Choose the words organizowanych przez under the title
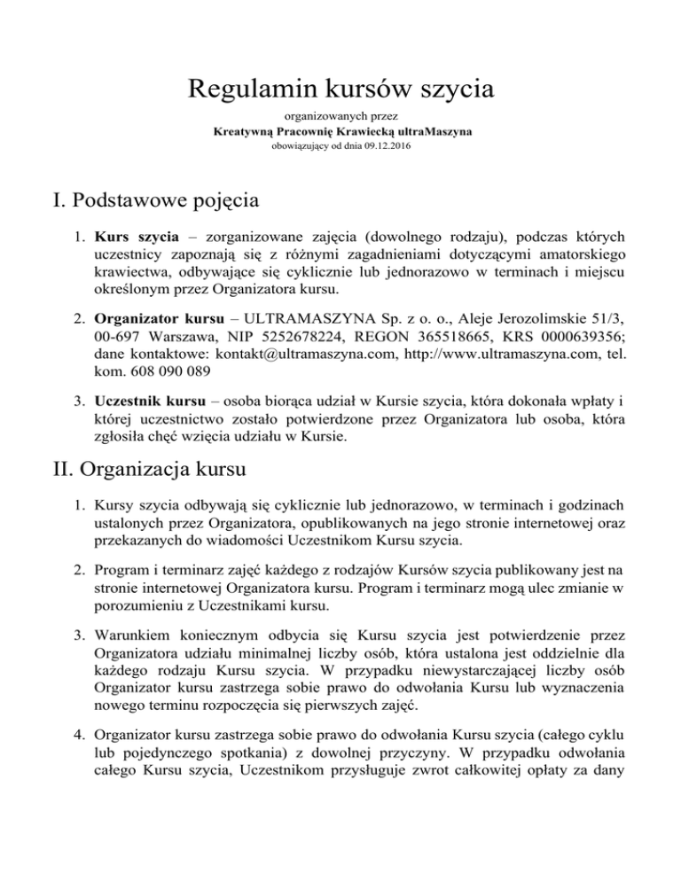pos(340,116)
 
